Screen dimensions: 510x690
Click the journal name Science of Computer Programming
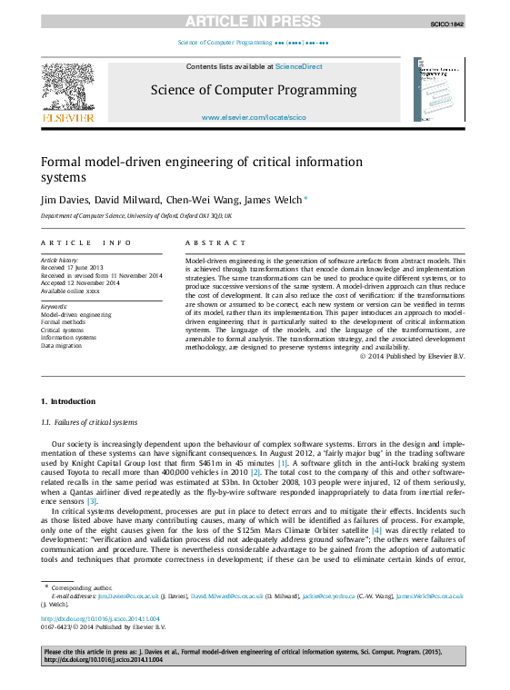(254, 90)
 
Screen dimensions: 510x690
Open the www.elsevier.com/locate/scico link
(254, 118)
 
